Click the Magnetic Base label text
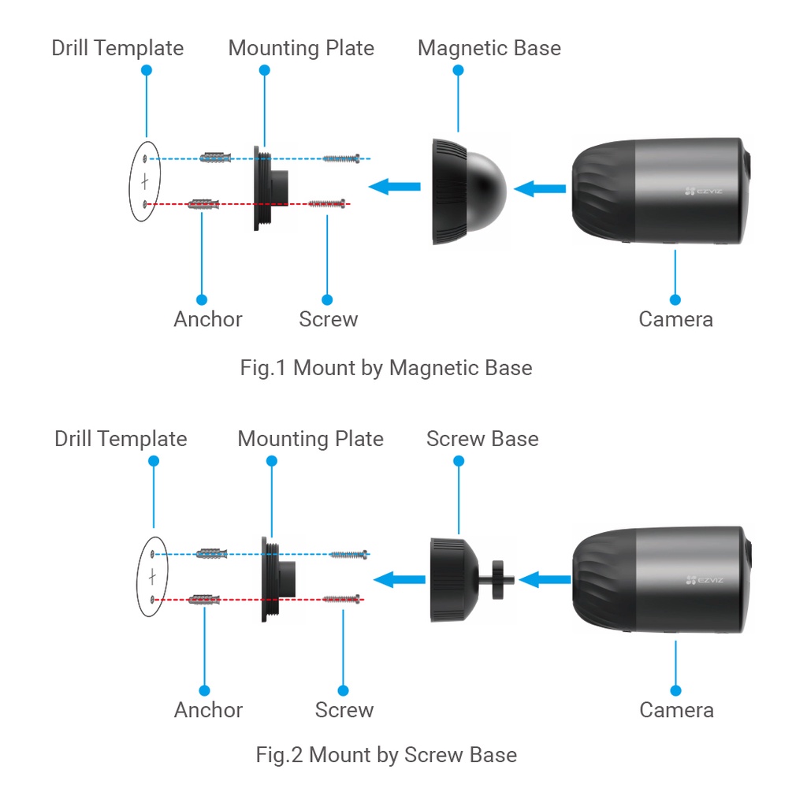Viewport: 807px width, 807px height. point(489,48)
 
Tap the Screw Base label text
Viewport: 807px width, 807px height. point(482,439)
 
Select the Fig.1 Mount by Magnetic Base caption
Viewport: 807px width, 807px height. point(386,367)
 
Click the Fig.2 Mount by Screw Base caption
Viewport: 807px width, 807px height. point(386,754)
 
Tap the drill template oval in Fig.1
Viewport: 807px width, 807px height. point(144,181)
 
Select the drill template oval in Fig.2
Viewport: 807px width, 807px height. point(151,576)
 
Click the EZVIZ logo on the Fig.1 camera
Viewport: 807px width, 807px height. point(702,192)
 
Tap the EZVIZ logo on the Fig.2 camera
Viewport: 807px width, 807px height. point(703,581)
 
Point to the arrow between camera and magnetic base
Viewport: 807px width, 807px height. point(540,188)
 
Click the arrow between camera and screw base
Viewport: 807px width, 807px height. point(545,580)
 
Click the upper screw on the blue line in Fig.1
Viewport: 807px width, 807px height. point(341,158)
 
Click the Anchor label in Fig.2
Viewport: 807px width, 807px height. point(208,709)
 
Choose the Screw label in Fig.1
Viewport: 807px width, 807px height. point(328,319)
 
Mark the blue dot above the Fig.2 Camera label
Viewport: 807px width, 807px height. point(675,690)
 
